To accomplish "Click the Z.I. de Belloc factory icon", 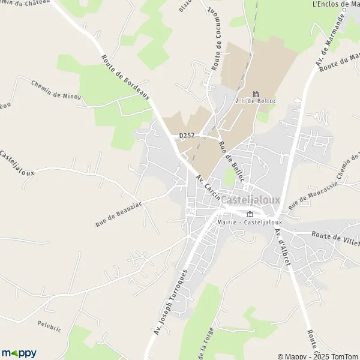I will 256,94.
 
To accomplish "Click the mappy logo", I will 19,353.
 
